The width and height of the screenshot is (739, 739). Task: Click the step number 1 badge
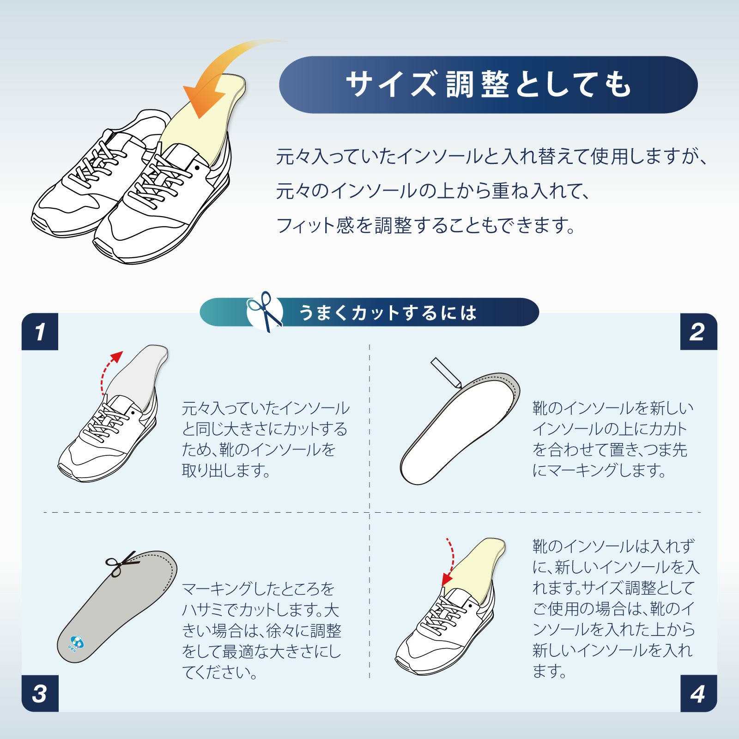[40, 332]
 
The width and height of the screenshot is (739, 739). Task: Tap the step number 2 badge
[698, 332]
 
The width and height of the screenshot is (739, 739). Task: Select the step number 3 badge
[40, 693]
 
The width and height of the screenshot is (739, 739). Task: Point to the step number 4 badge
[698, 693]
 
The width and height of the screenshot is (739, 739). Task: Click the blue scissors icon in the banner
[265, 311]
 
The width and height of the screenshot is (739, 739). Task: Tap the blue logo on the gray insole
[75, 642]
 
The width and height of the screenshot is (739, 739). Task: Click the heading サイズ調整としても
[489, 85]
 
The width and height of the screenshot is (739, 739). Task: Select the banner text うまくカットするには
[388, 313]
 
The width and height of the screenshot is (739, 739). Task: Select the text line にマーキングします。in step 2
[599, 471]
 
